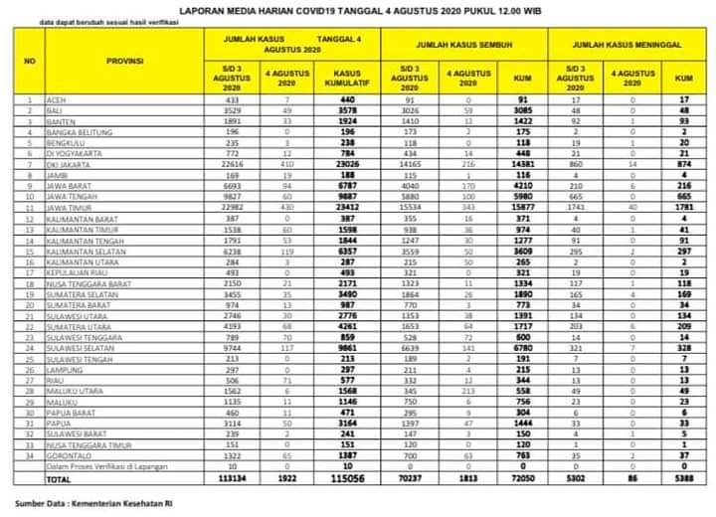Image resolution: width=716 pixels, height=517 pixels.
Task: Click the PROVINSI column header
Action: (125, 62)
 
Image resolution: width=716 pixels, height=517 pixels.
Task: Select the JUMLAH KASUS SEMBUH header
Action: (465, 45)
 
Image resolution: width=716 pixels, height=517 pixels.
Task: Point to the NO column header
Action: (29, 62)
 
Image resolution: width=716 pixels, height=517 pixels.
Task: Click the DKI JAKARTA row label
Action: (72, 164)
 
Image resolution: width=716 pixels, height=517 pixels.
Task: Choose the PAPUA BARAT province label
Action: (73, 410)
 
